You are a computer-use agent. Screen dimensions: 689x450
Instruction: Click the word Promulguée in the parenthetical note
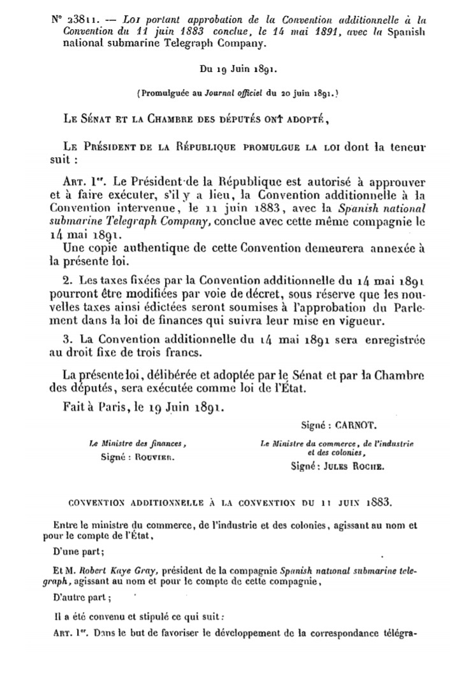coord(166,93)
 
